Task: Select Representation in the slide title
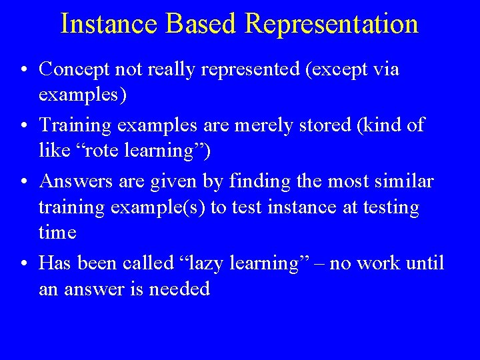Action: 331,23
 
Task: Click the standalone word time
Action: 57,233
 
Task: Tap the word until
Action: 424,263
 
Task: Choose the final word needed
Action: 185,289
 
